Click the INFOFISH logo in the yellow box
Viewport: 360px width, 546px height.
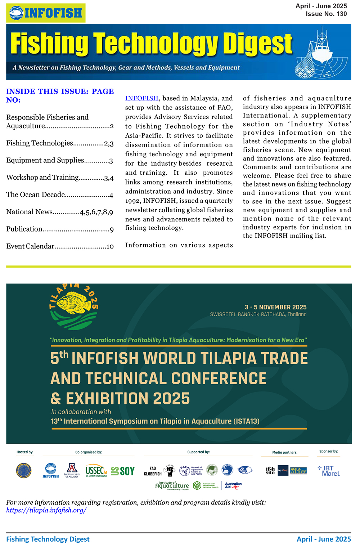(46, 13)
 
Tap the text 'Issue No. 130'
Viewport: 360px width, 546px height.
(326, 14)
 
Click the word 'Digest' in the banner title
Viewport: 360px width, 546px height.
(257, 44)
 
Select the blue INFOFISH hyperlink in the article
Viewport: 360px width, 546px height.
(141, 98)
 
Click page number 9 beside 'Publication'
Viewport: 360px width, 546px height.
(112, 229)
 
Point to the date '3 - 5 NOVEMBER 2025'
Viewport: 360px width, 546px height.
(275, 307)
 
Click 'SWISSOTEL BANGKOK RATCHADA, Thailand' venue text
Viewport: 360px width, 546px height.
(258, 314)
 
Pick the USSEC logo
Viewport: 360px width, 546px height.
(96, 471)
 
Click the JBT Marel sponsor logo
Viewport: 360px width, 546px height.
(329, 471)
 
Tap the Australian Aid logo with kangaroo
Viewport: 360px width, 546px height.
(233, 485)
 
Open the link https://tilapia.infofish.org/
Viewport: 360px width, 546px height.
(46, 510)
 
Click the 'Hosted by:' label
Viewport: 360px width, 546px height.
(25, 452)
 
